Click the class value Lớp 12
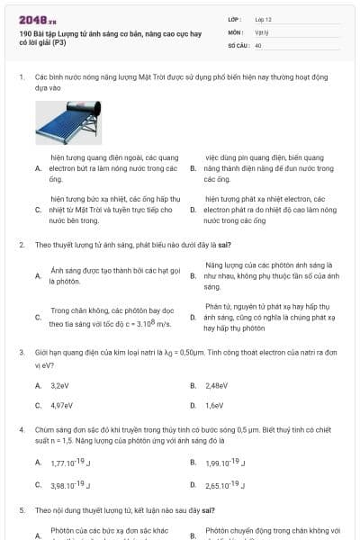click(263, 19)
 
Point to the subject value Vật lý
click(261, 31)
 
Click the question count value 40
click(258, 44)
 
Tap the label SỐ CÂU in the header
click(238, 44)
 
